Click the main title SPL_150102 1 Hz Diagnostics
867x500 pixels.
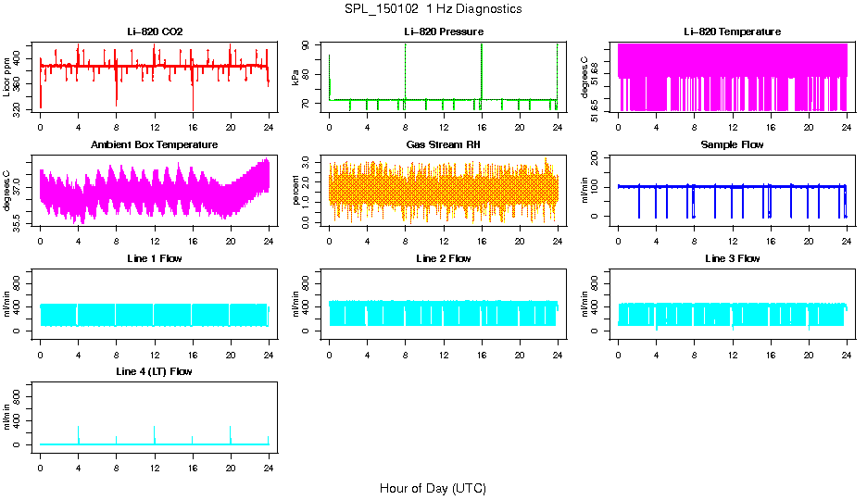[x=433, y=9]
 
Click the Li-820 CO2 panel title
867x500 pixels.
[x=155, y=31]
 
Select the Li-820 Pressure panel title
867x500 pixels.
[x=444, y=31]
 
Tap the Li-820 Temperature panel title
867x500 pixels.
[x=732, y=31]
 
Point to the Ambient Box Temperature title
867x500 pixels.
[x=155, y=144]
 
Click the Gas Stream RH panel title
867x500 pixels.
[x=444, y=144]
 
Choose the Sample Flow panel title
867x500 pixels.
[x=732, y=144]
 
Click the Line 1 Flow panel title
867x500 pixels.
[x=155, y=258]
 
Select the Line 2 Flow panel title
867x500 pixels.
[x=444, y=258]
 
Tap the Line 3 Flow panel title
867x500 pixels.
[x=732, y=258]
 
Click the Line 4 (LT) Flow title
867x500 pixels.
[x=155, y=371]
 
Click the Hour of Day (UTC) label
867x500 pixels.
[x=433, y=488]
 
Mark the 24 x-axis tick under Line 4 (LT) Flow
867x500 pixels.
[x=269, y=457]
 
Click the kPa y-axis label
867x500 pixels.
[x=296, y=78]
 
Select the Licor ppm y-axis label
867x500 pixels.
[x=7, y=78]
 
